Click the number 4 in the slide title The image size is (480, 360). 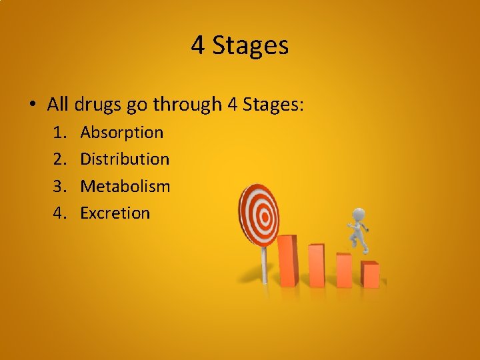[198, 45]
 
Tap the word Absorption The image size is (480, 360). [121, 132]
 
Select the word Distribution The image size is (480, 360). [125, 159]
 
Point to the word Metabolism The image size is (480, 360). [125, 186]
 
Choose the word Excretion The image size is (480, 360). [115, 213]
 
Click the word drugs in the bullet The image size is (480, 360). [97, 104]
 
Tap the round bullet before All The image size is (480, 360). [32, 105]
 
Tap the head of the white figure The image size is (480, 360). [359, 215]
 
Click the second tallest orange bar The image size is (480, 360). [316, 265]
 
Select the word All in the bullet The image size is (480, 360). [58, 104]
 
